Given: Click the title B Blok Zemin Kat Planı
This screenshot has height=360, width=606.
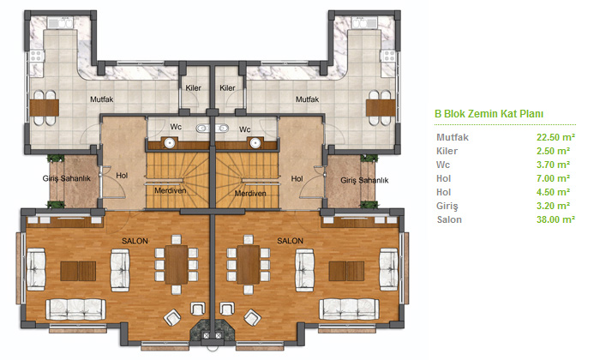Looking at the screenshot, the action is pyautogui.click(x=489, y=114).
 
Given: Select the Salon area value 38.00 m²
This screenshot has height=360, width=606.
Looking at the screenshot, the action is pyautogui.click(x=555, y=219).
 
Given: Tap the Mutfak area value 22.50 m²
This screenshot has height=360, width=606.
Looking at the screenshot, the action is pyautogui.click(x=555, y=137).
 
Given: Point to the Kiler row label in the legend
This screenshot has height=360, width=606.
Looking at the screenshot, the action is pyautogui.click(x=447, y=151).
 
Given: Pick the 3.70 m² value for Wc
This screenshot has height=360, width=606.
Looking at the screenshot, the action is pyautogui.click(x=553, y=165).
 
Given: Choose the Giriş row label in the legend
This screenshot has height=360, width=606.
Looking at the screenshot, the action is pyautogui.click(x=447, y=206).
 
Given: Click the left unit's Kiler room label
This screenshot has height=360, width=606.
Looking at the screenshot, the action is pyautogui.click(x=193, y=87).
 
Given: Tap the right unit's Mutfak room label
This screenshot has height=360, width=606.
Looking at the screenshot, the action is pyautogui.click(x=307, y=99).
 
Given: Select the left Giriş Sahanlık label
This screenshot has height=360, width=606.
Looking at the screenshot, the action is pyautogui.click(x=67, y=178).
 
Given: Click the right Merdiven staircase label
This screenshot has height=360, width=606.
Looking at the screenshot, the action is pyautogui.click(x=250, y=193).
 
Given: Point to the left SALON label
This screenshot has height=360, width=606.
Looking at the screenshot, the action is pyautogui.click(x=135, y=241).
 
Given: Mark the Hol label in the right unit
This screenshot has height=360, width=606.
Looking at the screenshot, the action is pyautogui.click(x=297, y=178).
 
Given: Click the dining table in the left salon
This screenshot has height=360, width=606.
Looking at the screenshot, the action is pyautogui.click(x=177, y=265).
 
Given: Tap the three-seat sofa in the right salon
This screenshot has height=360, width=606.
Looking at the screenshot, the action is pyautogui.click(x=349, y=309).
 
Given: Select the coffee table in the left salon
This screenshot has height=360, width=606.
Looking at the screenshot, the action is pyautogui.click(x=78, y=271).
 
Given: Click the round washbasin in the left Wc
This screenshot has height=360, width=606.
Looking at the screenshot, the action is pyautogui.click(x=170, y=143).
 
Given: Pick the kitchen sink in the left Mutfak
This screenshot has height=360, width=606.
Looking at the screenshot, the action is pyautogui.click(x=60, y=23).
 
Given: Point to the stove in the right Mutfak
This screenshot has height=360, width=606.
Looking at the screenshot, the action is pyautogui.click(x=388, y=56).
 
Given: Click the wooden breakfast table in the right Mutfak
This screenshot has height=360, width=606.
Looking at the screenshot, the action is pyautogui.click(x=381, y=108).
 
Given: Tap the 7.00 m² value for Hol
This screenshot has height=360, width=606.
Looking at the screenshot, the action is pyautogui.click(x=553, y=178).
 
